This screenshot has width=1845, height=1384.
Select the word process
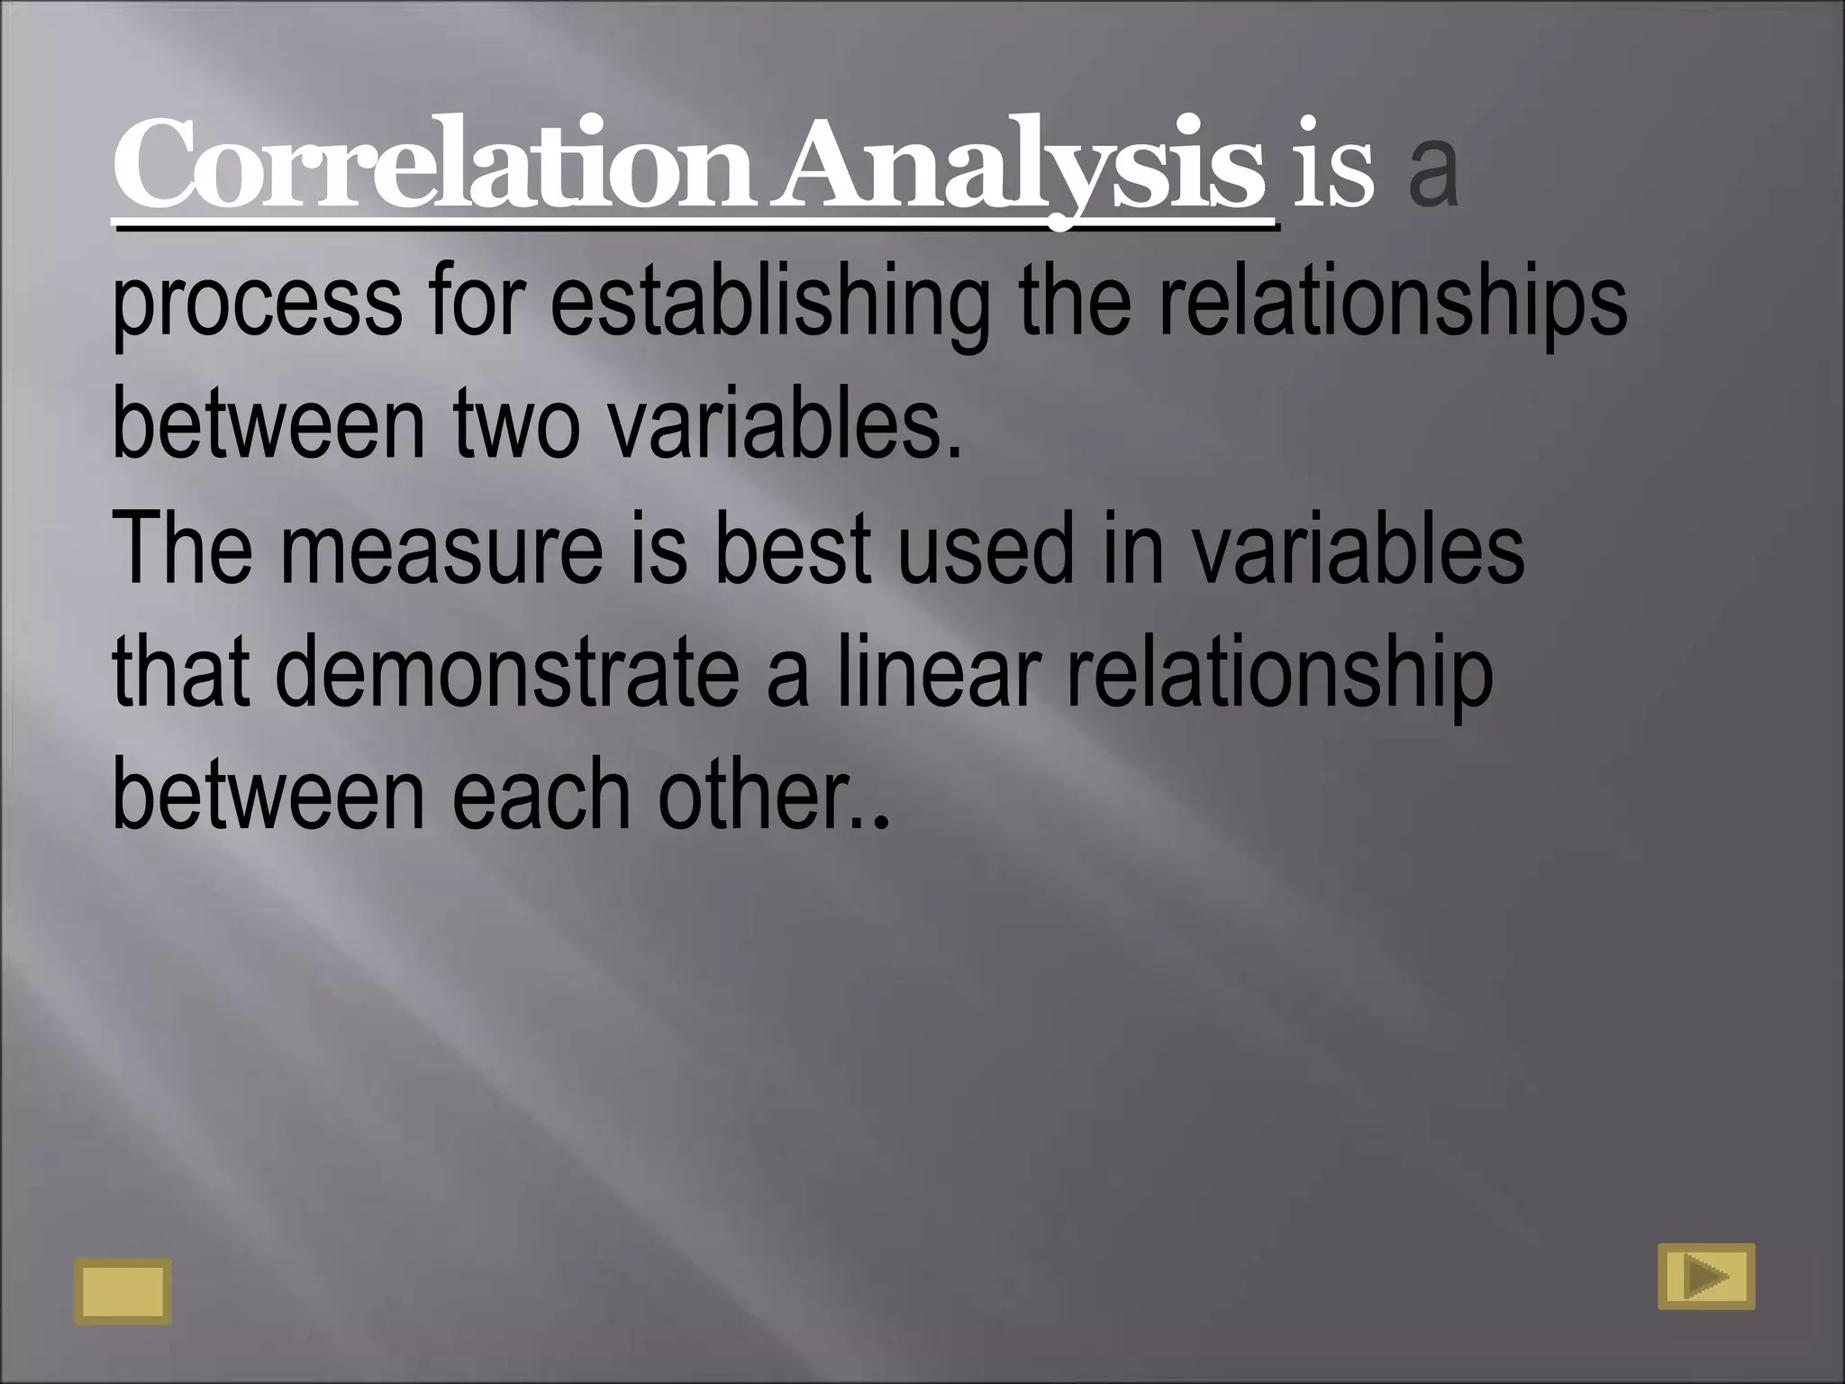pos(257,302)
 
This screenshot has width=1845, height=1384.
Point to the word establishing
pos(768,302)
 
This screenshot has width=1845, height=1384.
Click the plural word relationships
pos(1392,302)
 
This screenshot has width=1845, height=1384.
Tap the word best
pos(793,548)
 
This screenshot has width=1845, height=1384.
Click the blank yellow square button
pos(123,1291)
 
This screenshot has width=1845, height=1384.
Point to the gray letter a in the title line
pos(1432,173)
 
